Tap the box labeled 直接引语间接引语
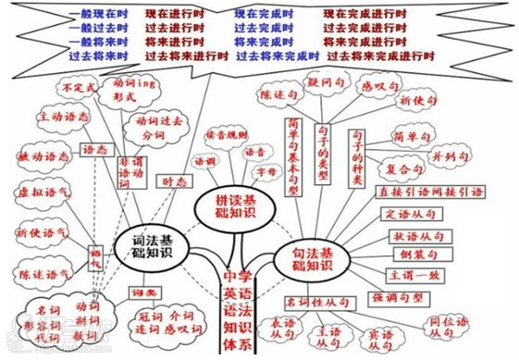(x=429, y=192)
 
